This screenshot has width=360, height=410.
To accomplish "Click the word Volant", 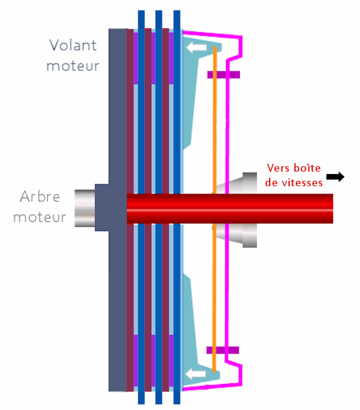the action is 73,45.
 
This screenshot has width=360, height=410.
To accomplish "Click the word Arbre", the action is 40,197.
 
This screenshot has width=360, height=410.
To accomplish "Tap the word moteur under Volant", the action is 73,66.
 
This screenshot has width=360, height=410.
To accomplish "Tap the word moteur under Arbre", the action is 39,217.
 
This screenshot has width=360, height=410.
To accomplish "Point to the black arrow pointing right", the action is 335,176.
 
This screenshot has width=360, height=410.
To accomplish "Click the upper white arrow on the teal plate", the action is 196,47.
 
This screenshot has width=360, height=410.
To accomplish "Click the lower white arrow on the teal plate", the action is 195,374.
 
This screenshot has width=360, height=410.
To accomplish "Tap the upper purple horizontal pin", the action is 224,75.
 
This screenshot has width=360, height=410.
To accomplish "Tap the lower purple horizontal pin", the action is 223,350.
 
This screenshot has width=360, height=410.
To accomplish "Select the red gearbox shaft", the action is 230,209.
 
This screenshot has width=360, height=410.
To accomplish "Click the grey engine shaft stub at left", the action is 85,208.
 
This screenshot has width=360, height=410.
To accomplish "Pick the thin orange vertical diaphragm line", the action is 215,209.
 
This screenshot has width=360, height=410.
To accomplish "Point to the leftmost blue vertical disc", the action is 141,207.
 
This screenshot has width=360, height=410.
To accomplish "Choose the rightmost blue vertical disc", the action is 177,207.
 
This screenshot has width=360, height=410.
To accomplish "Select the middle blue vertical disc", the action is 159,207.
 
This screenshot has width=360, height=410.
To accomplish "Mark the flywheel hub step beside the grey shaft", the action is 102,207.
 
